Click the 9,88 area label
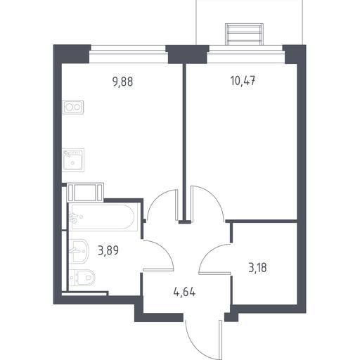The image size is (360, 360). tap(123, 82)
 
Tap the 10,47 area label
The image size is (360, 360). tap(243, 81)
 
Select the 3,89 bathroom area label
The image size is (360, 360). tap(108, 251)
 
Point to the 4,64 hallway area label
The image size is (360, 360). tap(184, 292)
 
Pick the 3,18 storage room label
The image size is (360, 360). tap(257, 268)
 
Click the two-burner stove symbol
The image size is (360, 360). tap(73, 108)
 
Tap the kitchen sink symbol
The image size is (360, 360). tap(73, 160)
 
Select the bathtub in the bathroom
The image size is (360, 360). tap(103, 217)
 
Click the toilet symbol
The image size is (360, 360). tap(82, 278)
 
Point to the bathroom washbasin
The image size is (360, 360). tap(79, 251)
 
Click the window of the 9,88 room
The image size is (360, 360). tap(129, 54)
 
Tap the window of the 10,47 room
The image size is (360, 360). tap(246, 54)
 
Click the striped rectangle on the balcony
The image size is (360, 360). tap(244, 34)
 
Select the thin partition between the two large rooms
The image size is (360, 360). tap(185, 143)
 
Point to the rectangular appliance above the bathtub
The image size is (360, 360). tap(85, 193)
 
